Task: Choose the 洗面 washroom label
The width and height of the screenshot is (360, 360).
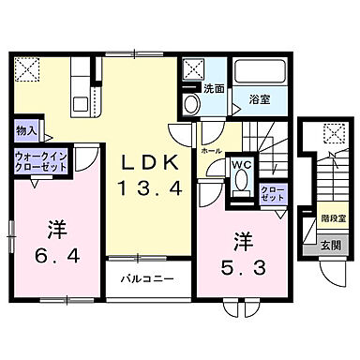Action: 214,89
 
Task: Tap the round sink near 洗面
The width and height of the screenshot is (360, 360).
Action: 191,103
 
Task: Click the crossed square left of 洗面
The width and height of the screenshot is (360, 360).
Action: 194,67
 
